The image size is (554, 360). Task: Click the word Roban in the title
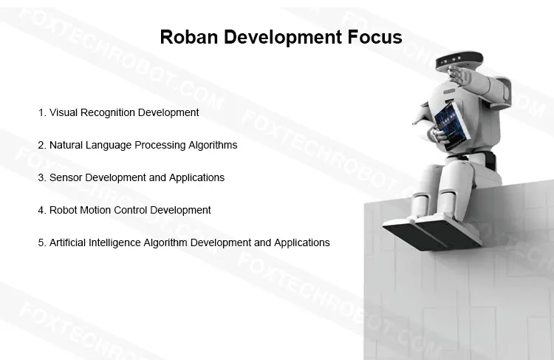pos(188,37)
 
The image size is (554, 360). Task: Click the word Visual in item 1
pos(64,112)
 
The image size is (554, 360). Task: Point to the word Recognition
pos(108,113)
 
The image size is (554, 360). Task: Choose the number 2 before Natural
pos(41,145)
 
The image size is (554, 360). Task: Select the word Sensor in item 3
pos(66,177)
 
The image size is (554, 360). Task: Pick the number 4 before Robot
pos(41,210)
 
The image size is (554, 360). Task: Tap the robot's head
pos(459,61)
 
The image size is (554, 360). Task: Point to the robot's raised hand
pos(459,75)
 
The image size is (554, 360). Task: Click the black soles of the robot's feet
pos(431,234)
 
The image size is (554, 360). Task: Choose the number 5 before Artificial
pos(41,242)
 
